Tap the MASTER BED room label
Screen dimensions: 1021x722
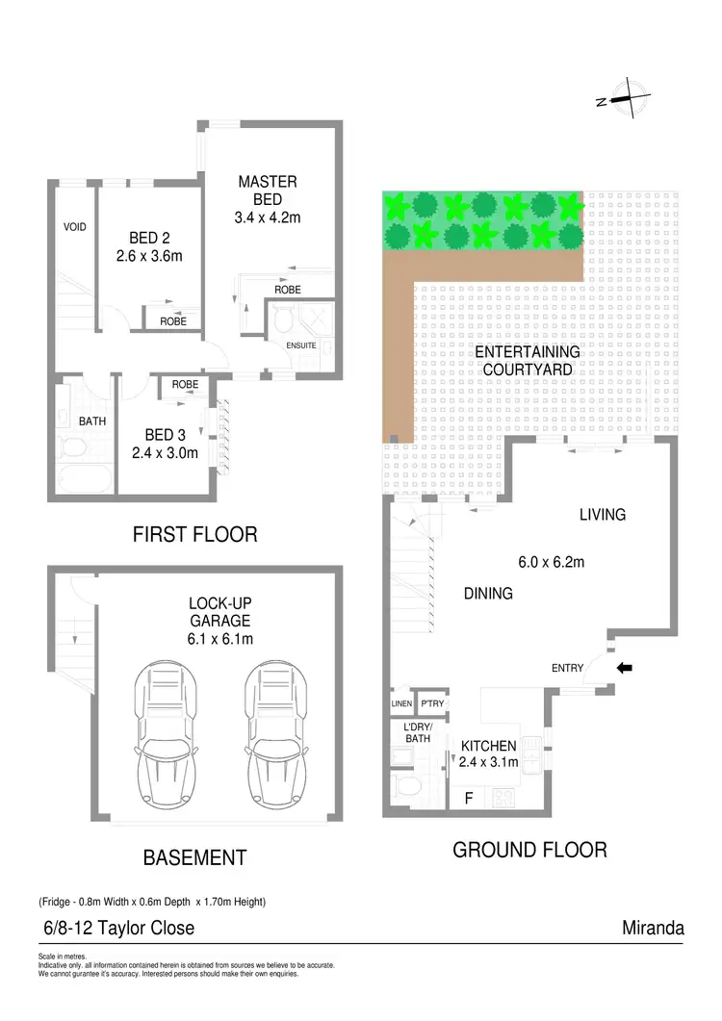tap(268, 182)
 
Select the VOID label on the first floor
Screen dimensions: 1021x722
tap(75, 227)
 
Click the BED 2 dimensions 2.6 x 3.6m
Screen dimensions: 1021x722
tap(155, 257)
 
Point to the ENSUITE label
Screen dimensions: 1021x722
tap(302, 345)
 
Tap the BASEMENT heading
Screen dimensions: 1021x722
tap(194, 857)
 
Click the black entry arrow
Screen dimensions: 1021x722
tap(624, 667)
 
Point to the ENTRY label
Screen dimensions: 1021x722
tap(568, 668)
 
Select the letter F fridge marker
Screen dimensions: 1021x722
tap(468, 798)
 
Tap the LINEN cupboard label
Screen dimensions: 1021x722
tap(400, 703)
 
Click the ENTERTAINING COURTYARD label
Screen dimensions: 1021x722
tap(527, 361)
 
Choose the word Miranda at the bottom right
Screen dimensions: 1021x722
tap(654, 929)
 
